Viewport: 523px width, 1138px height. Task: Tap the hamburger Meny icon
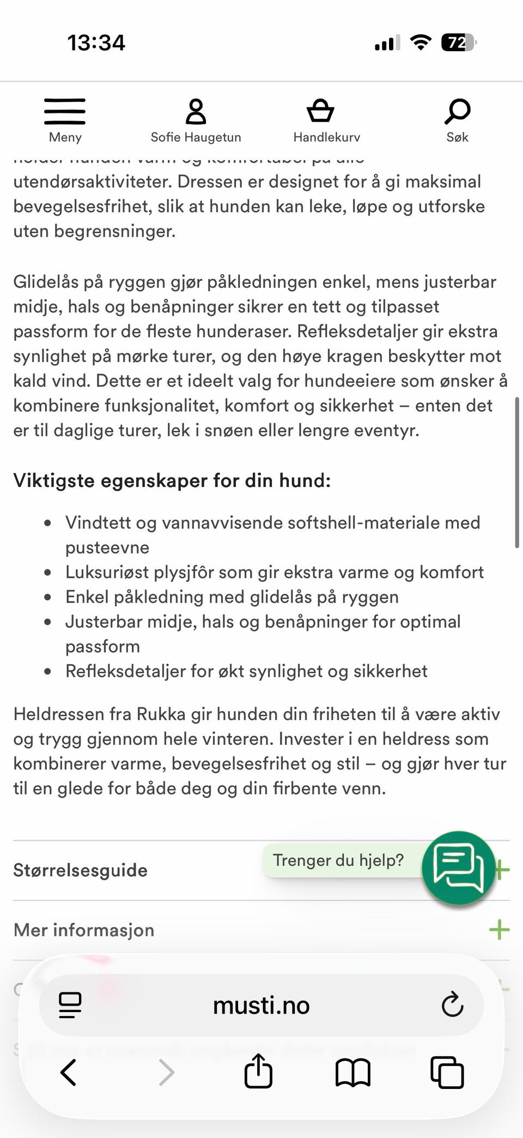pyautogui.click(x=65, y=112)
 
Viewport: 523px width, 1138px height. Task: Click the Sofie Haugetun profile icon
pyautogui.click(x=196, y=112)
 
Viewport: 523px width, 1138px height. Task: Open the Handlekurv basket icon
pyautogui.click(x=320, y=111)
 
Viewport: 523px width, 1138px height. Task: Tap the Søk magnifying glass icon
pyautogui.click(x=457, y=111)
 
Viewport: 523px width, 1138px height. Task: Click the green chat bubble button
pyautogui.click(x=458, y=868)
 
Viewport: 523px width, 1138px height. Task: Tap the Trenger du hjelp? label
pyautogui.click(x=338, y=860)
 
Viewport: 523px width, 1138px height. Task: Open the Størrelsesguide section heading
pyautogui.click(x=80, y=870)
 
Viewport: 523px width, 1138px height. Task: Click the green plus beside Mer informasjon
pyautogui.click(x=499, y=930)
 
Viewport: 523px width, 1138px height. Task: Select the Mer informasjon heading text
pyautogui.click(x=84, y=930)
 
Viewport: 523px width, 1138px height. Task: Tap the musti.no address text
pyautogui.click(x=261, y=1005)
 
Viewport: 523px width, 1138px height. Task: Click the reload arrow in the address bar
pyautogui.click(x=452, y=1005)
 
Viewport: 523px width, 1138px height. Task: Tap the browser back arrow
pyautogui.click(x=68, y=1073)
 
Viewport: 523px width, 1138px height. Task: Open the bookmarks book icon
pyautogui.click(x=352, y=1073)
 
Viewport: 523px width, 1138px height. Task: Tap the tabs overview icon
pyautogui.click(x=447, y=1073)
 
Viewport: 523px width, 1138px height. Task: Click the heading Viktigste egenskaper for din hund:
pyautogui.click(x=172, y=480)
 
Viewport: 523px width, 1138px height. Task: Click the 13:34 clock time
pyautogui.click(x=96, y=43)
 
